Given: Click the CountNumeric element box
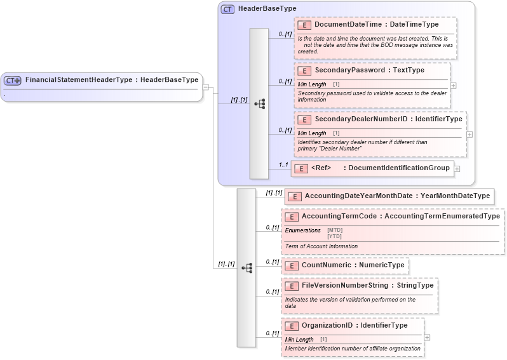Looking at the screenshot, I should [345, 265].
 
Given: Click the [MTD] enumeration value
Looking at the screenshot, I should [334, 230].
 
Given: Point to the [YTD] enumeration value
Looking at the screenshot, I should [334, 236].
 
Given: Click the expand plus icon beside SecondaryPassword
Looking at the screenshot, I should [452, 84].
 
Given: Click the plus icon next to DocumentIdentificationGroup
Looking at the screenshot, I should [457, 169].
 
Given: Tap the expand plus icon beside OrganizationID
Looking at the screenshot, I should [426, 337].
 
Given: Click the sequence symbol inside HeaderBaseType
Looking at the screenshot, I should [259, 103].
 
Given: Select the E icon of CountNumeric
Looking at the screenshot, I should [292, 265].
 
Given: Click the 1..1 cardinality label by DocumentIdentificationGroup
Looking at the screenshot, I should [283, 164].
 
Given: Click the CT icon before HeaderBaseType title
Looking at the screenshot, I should [227, 10].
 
